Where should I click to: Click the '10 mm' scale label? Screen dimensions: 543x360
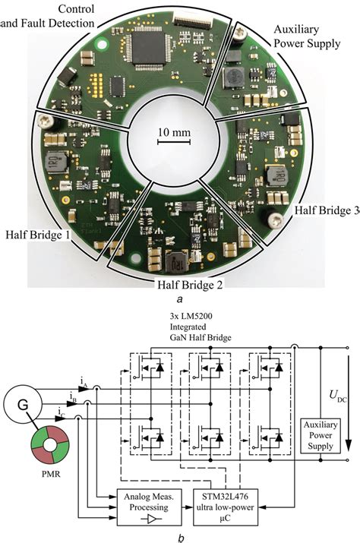(174, 132)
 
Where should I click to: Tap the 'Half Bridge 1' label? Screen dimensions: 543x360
(37, 236)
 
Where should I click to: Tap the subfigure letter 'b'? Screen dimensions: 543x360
(179, 536)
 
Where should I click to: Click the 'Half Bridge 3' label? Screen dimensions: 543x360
(326, 210)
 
